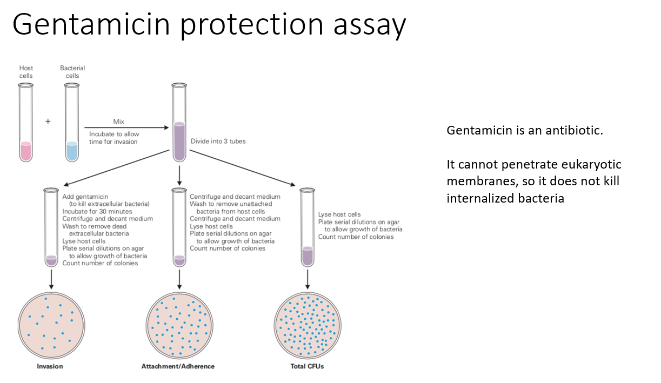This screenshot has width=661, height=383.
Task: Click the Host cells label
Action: pyautogui.click(x=26, y=72)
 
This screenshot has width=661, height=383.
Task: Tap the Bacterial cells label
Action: pyautogui.click(x=72, y=72)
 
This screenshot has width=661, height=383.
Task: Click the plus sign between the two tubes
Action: pyautogui.click(x=48, y=122)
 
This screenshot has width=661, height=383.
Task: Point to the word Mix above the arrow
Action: pyautogui.click(x=118, y=122)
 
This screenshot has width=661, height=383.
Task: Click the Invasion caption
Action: pyautogui.click(x=50, y=366)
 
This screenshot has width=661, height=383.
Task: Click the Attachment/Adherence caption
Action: pyautogui.click(x=178, y=366)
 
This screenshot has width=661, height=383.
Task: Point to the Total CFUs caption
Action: pyautogui.click(x=307, y=366)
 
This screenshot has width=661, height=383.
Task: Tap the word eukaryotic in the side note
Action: pyautogui.click(x=593, y=164)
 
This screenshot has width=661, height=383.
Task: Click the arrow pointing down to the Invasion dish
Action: pyautogui.click(x=51, y=278)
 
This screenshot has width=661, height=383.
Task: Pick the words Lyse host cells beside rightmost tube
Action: pyautogui.click(x=339, y=215)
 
